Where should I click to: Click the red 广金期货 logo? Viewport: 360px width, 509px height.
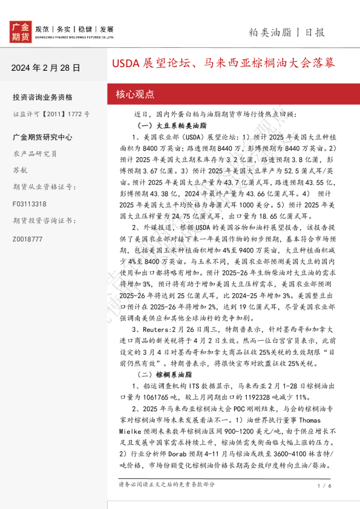pyautogui.click(x=20, y=31)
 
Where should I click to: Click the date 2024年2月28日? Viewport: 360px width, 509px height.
pyautogui.click(x=45, y=68)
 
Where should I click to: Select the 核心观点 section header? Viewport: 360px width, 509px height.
pyautogui.click(x=135, y=94)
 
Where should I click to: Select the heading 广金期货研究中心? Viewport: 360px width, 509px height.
pyautogui.click(x=42, y=137)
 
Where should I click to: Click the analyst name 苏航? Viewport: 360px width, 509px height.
pyautogui.click(x=19, y=170)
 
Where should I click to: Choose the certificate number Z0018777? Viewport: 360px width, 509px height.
pyautogui.click(x=28, y=239)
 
